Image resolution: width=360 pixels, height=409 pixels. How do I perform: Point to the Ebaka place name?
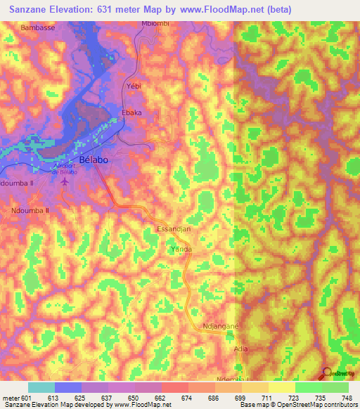pyautogui.click(x=131, y=113)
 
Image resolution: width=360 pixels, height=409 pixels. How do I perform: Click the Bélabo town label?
pyautogui.click(x=94, y=160)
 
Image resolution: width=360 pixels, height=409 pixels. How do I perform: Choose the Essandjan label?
pyautogui.click(x=173, y=229)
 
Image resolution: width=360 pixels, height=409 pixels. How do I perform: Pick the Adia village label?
pyautogui.click(x=241, y=347)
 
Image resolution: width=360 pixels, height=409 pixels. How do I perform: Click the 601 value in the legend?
pyautogui.click(x=26, y=398)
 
